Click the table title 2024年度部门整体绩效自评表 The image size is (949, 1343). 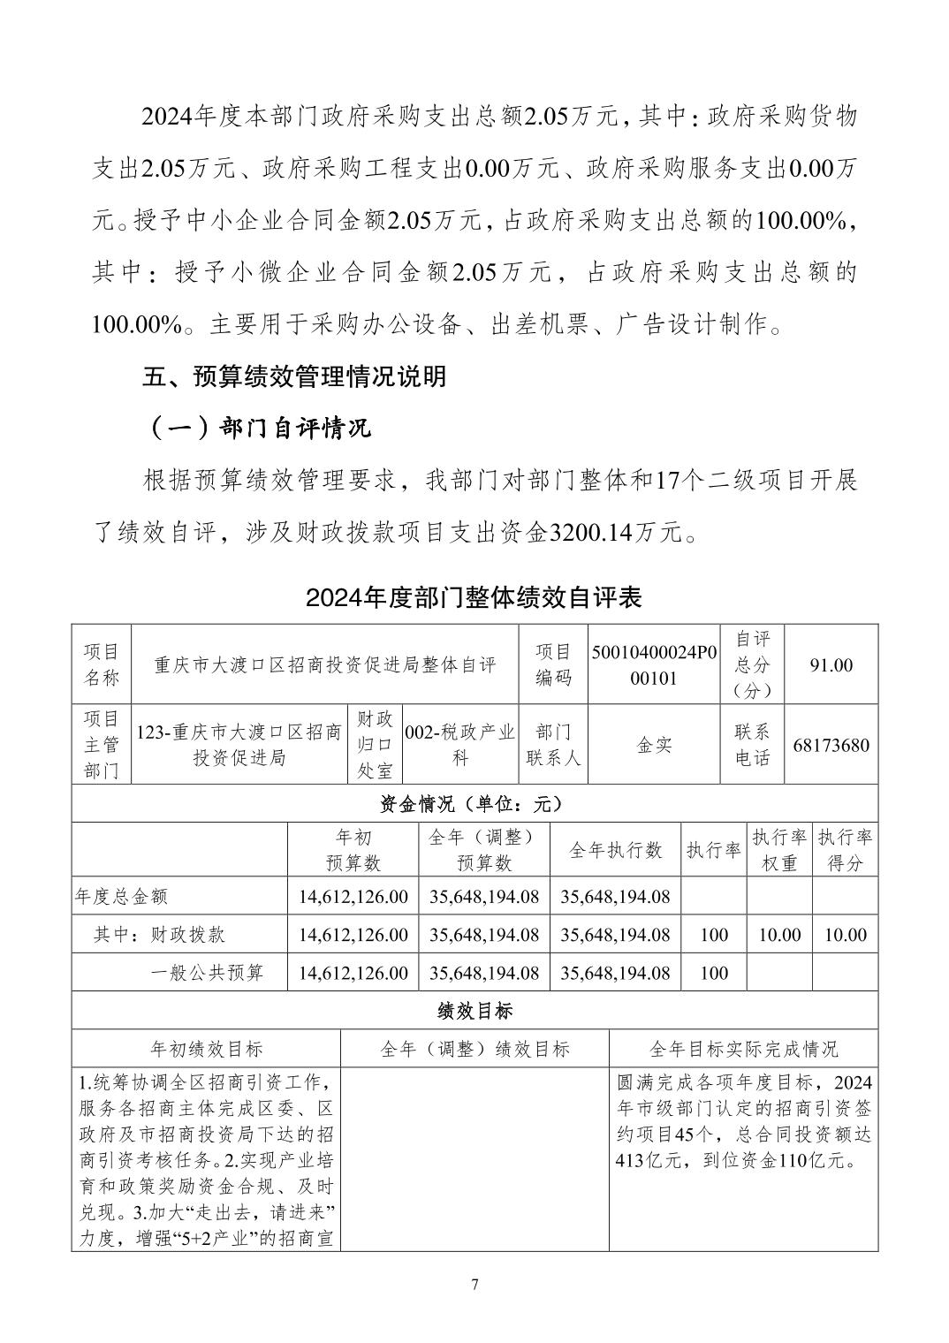pyautogui.click(x=474, y=597)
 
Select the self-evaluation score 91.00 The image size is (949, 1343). pyautogui.click(x=831, y=664)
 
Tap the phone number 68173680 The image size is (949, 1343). pyautogui.click(x=831, y=745)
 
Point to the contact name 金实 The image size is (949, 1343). pyautogui.click(x=654, y=745)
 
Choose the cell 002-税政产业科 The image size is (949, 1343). pyautogui.click(x=459, y=745)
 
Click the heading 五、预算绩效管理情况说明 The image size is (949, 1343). pyautogui.click(x=294, y=377)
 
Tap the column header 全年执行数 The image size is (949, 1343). pyautogui.click(x=615, y=850)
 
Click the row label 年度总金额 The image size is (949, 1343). pyautogui.click(x=121, y=897)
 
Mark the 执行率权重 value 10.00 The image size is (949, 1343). pyautogui.click(x=778, y=935)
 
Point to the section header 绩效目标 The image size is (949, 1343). pyautogui.click(x=474, y=1010)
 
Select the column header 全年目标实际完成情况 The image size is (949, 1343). pyautogui.click(x=743, y=1049)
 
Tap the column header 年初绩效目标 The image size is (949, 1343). pyautogui.click(x=206, y=1049)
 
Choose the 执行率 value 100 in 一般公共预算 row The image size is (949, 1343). pyautogui.click(x=713, y=973)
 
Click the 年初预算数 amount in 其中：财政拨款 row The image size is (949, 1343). pyautogui.click(x=353, y=935)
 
